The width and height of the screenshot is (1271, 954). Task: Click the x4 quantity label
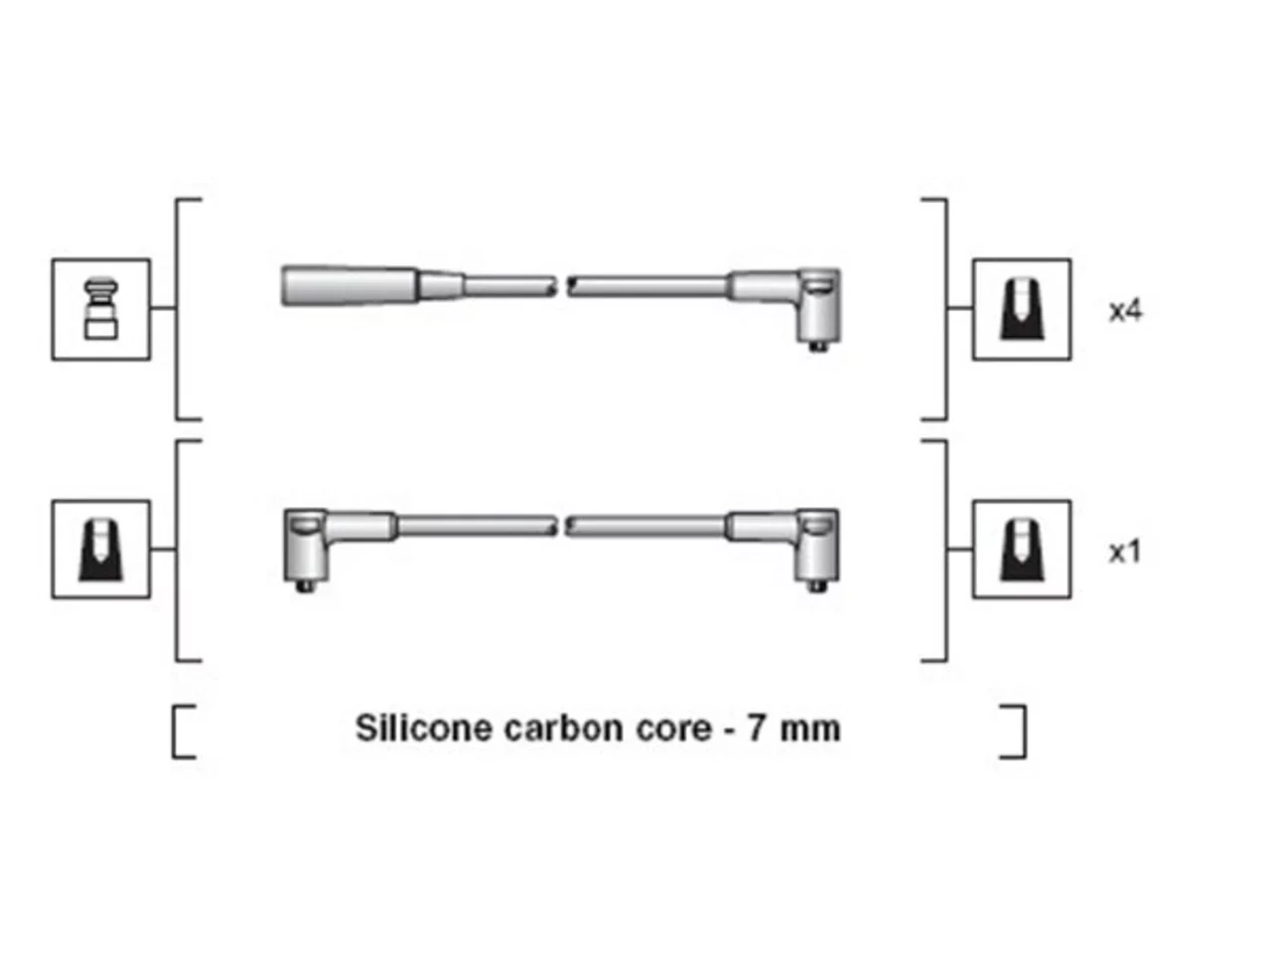[x=1125, y=311]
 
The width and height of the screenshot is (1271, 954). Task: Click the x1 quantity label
[x=1124, y=553]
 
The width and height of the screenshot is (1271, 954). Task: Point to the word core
[x=674, y=729]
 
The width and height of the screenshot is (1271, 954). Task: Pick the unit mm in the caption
[x=809, y=730]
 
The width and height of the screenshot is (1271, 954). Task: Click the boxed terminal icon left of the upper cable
[x=100, y=309]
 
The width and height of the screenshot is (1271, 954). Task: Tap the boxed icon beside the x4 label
[x=1022, y=309]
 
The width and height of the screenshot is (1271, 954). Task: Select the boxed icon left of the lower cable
[x=100, y=550]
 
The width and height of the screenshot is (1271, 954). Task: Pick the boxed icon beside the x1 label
[x=1022, y=550]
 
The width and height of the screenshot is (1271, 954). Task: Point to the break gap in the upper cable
[x=562, y=286]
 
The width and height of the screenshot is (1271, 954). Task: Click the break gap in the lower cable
[x=560, y=527]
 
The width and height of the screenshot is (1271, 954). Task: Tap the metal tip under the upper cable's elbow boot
[x=817, y=347]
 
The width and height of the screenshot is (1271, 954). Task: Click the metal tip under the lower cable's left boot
[x=305, y=586]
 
